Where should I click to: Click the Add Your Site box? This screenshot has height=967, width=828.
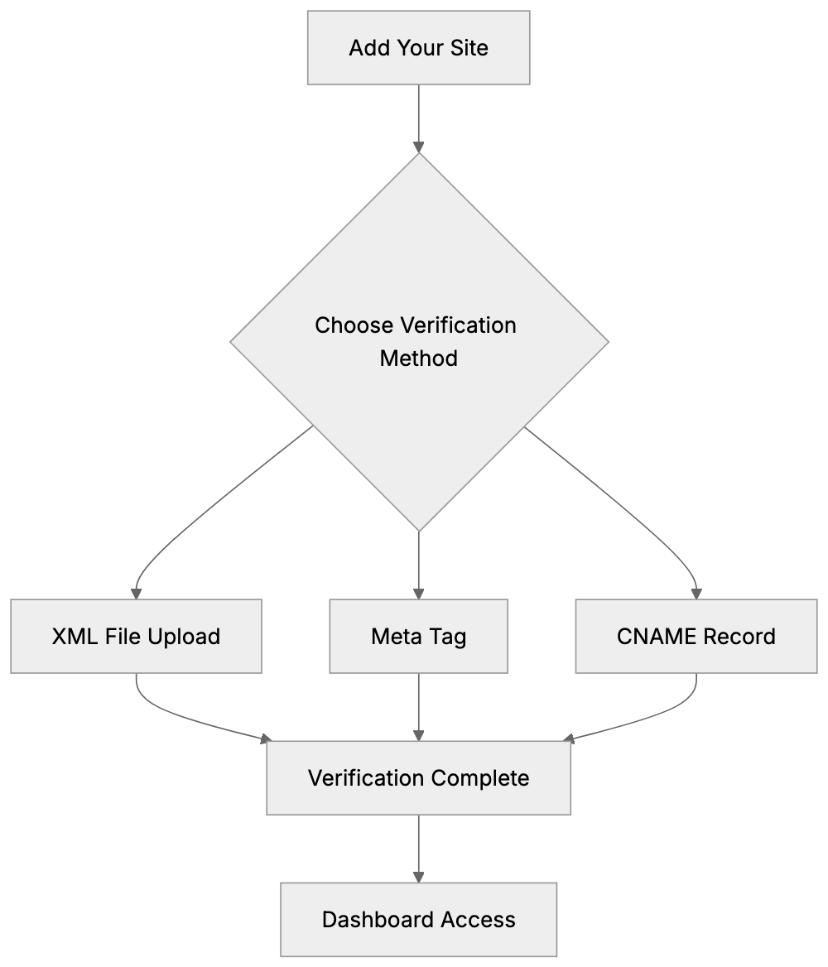pyautogui.click(x=418, y=48)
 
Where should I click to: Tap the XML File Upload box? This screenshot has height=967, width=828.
pyautogui.click(x=136, y=637)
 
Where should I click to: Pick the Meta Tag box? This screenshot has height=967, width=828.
pyautogui.click(x=418, y=637)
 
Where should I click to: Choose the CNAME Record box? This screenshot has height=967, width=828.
pyautogui.click(x=696, y=637)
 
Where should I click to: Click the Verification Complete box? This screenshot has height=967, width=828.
pyautogui.click(x=418, y=778)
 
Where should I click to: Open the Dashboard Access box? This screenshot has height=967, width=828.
pyautogui.click(x=418, y=920)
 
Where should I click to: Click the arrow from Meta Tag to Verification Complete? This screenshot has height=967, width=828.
pyautogui.click(x=418, y=706)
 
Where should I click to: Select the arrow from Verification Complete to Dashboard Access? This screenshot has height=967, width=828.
pyautogui.click(x=418, y=848)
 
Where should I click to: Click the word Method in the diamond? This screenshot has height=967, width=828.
pyautogui.click(x=418, y=358)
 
